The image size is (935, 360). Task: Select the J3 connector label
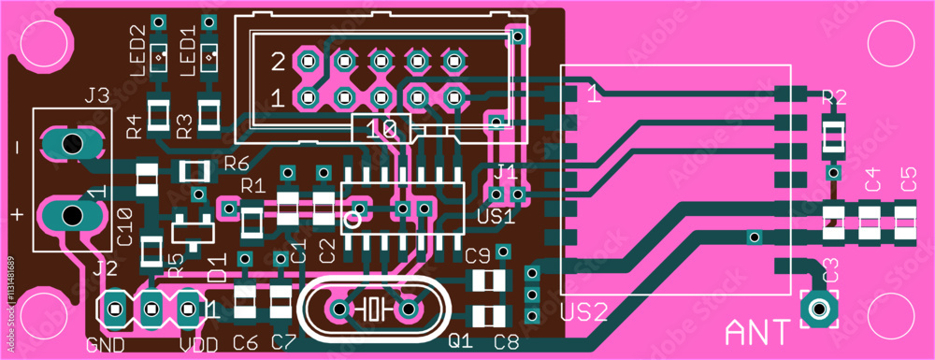pos(97,95)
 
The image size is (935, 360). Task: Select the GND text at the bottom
pos(106,344)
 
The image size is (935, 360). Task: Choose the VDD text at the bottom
pos(200,344)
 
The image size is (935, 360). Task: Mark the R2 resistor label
pos(833,97)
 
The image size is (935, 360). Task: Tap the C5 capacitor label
pos(907,180)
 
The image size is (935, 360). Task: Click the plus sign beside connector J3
pos(16,214)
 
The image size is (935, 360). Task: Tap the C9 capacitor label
pos(478,254)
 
